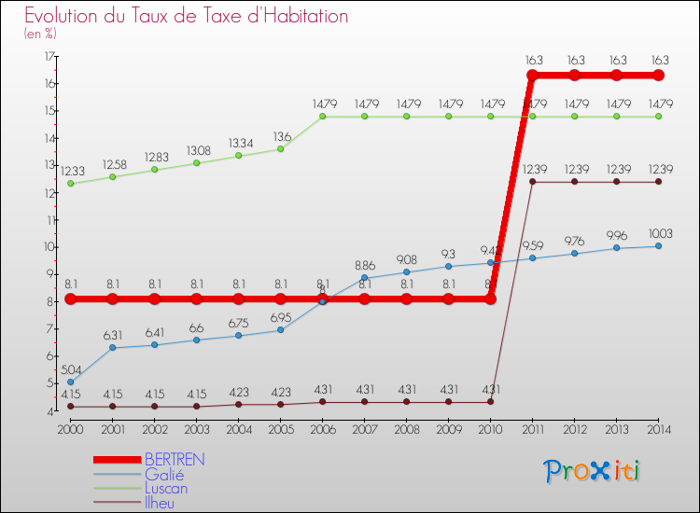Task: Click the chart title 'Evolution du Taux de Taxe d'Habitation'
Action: coord(187,17)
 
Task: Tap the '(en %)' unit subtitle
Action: coord(40,34)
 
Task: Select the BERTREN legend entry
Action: coord(174,460)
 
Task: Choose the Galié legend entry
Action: coord(163,474)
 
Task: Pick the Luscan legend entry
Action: coord(166,488)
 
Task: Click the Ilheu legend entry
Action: coord(161,503)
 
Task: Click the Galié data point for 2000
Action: coord(70,382)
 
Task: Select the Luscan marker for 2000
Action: coord(70,184)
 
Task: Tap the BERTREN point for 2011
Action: coord(532,76)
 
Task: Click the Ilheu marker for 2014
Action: coord(658,182)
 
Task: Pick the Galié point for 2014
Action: coord(658,246)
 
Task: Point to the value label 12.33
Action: coord(73,172)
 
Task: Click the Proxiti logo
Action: coord(594,471)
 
